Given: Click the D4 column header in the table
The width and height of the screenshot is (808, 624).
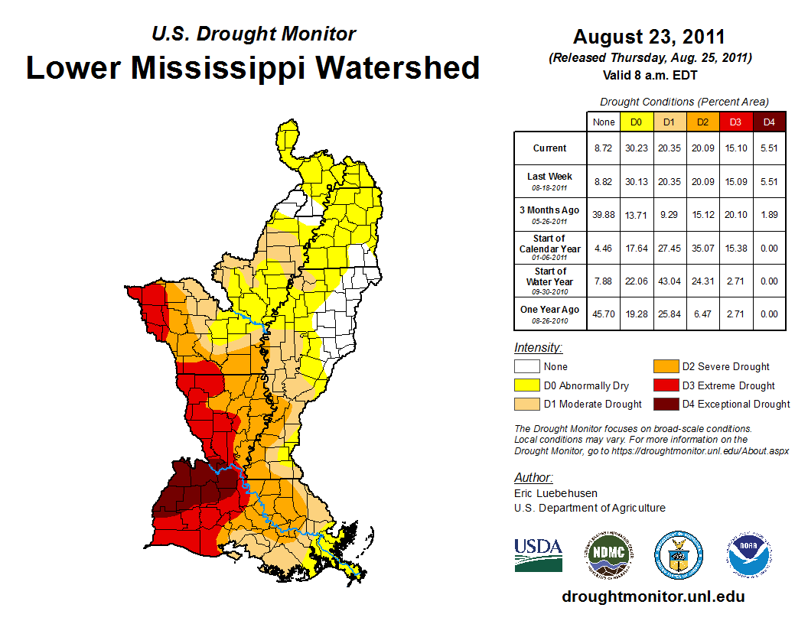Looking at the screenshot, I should [x=769, y=122].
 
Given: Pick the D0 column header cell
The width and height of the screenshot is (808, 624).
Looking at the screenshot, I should [x=636, y=122].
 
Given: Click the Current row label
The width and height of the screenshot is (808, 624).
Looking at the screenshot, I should [x=550, y=148].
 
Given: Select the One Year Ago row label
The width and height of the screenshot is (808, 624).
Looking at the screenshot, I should [x=550, y=309].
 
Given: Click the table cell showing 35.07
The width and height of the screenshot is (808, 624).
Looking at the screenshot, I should [x=702, y=248].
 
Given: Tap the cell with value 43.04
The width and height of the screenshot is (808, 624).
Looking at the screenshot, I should [x=670, y=281].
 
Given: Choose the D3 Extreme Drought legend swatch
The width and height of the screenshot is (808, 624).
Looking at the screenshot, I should [x=665, y=385].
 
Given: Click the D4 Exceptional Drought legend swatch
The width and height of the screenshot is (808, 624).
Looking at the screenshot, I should [x=665, y=404].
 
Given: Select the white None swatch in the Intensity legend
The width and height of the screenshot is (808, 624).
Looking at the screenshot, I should [x=526, y=367].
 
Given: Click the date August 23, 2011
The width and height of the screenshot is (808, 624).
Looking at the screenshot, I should [x=649, y=37].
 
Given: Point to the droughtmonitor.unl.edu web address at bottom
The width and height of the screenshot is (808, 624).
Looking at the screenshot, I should [x=653, y=596].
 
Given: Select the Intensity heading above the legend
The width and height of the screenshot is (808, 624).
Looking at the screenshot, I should [x=539, y=348].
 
